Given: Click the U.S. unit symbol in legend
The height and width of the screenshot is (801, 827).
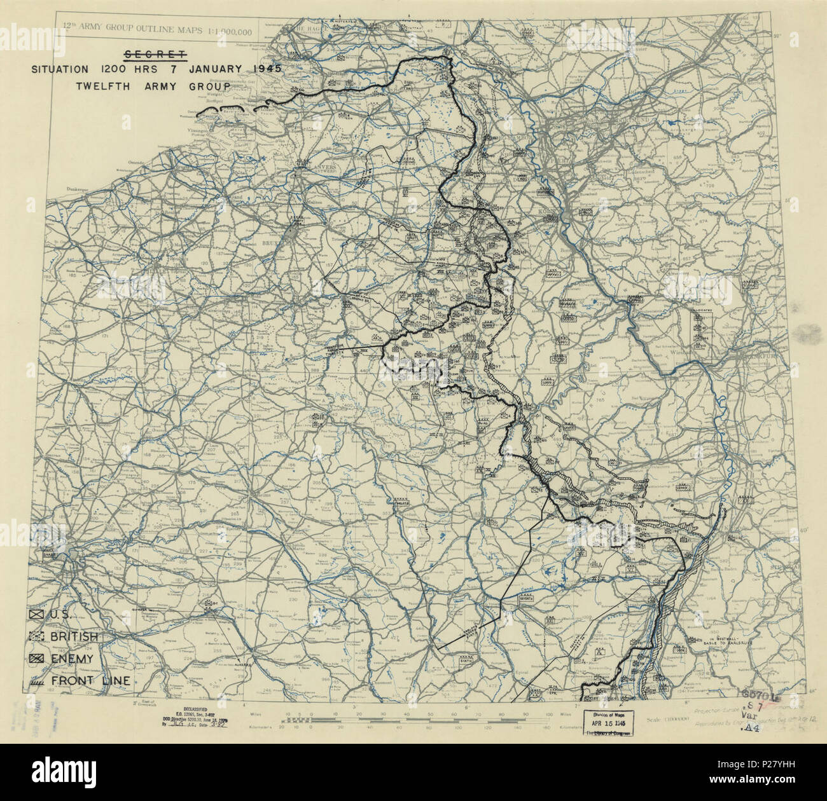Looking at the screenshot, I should [x=37, y=615].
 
